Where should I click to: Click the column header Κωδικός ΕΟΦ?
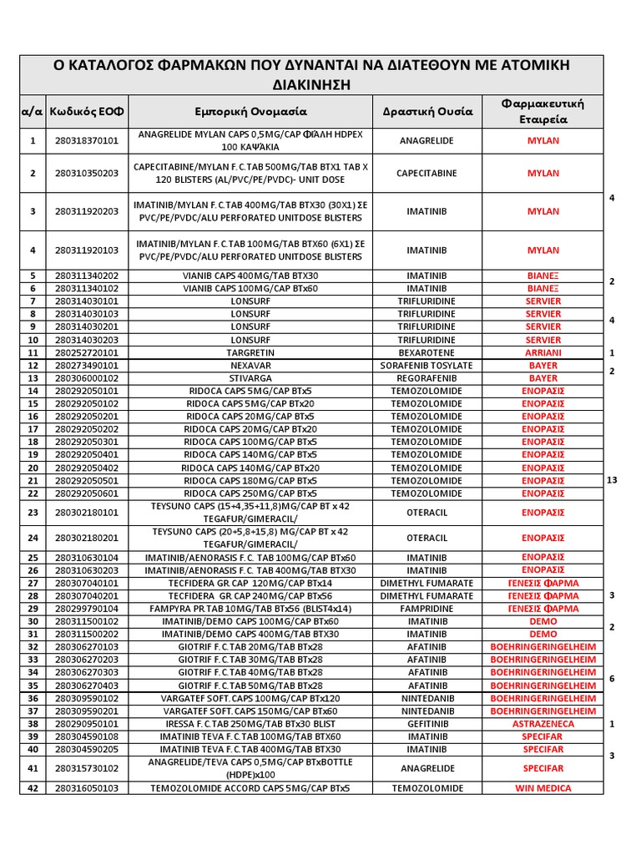coord(87,111)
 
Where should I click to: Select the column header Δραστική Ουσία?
coord(427,111)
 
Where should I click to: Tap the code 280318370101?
coord(87,140)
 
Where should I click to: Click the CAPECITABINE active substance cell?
coord(427,174)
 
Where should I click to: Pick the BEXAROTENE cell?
coord(427,353)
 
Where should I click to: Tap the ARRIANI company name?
coord(543,353)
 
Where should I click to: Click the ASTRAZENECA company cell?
coord(543,724)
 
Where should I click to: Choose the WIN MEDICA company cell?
coord(543,788)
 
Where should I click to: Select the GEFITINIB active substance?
coord(427,724)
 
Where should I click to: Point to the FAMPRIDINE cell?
coord(427,609)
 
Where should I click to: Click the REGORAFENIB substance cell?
coord(427,378)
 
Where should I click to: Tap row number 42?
coord(33,788)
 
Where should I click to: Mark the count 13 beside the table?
coord(613,479)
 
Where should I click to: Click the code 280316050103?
coord(87,788)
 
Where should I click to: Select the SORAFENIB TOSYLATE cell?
coord(427,366)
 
